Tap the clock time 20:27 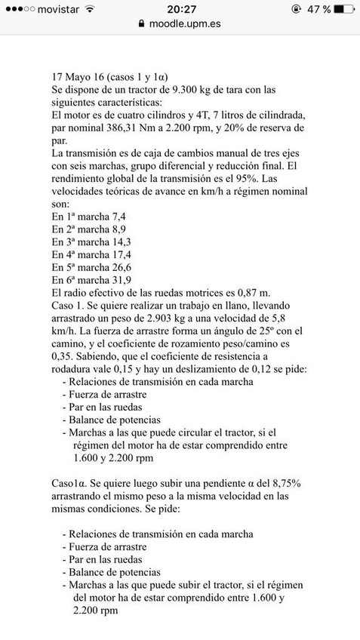point(180,9)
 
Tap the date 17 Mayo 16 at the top point(79,76)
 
